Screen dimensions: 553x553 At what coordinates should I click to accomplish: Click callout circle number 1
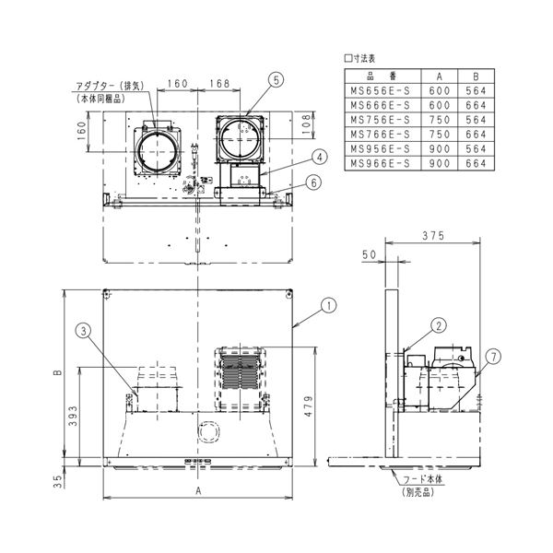(328, 303)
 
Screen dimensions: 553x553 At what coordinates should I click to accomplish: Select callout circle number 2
(439, 324)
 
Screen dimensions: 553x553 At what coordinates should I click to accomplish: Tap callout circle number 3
(82, 329)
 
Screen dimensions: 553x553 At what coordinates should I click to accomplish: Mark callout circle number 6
(316, 182)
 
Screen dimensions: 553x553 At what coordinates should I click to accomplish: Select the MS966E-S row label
(376, 163)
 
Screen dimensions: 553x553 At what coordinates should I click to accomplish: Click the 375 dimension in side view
(432, 237)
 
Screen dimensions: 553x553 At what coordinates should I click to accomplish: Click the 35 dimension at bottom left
(58, 479)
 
